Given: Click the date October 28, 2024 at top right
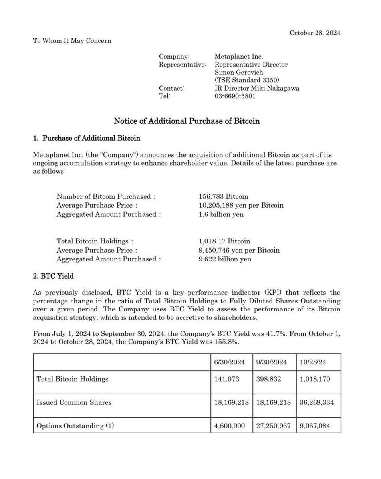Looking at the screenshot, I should pyautogui.click(x=315, y=33).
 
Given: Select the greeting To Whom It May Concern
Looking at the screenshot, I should pyautogui.click(x=72, y=41).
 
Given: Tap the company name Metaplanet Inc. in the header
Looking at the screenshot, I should pyautogui.click(x=239, y=57).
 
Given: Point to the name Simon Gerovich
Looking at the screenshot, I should pyautogui.click(x=238, y=73).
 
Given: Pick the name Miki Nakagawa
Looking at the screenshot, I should pyautogui.click(x=276, y=88).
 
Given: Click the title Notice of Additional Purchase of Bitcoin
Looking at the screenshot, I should pyautogui.click(x=187, y=121).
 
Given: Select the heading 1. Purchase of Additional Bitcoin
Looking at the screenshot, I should pyautogui.click(x=86, y=139).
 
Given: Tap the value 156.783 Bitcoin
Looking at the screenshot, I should pyautogui.click(x=223, y=196).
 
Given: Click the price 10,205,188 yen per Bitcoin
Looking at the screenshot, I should pyautogui.click(x=241, y=205).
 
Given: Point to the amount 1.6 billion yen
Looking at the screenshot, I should pyautogui.click(x=221, y=214).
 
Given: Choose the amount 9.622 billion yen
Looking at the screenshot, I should pyautogui.click(x=225, y=259).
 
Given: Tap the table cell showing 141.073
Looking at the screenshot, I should pyautogui.click(x=227, y=379).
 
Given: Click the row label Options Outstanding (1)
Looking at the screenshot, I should pyautogui.click(x=75, y=426).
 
